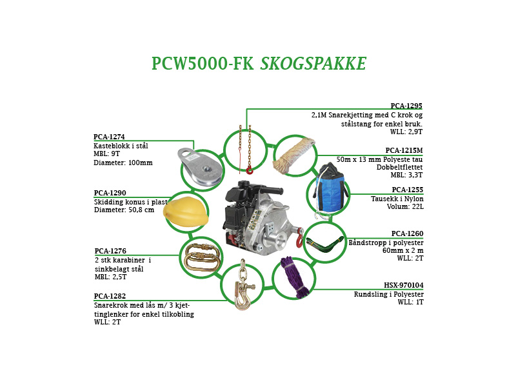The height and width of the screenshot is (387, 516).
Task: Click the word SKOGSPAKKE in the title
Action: pos(313,63)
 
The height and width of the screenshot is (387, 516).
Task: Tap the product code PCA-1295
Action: pos(406,106)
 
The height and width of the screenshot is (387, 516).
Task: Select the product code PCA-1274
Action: pos(109,137)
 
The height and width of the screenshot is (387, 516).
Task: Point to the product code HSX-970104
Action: pos(404,285)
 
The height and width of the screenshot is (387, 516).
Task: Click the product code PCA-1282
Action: pos(110,296)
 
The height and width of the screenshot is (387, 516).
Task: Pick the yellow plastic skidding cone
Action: pos(186,212)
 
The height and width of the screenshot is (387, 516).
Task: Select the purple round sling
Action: pos(295,277)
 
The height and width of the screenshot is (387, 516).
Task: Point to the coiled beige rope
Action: pos(293,154)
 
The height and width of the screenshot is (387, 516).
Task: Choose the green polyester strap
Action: pos(324,244)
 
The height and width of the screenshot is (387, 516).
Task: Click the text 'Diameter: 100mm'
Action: pos(123,163)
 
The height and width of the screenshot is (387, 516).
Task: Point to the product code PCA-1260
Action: pos(408,233)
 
